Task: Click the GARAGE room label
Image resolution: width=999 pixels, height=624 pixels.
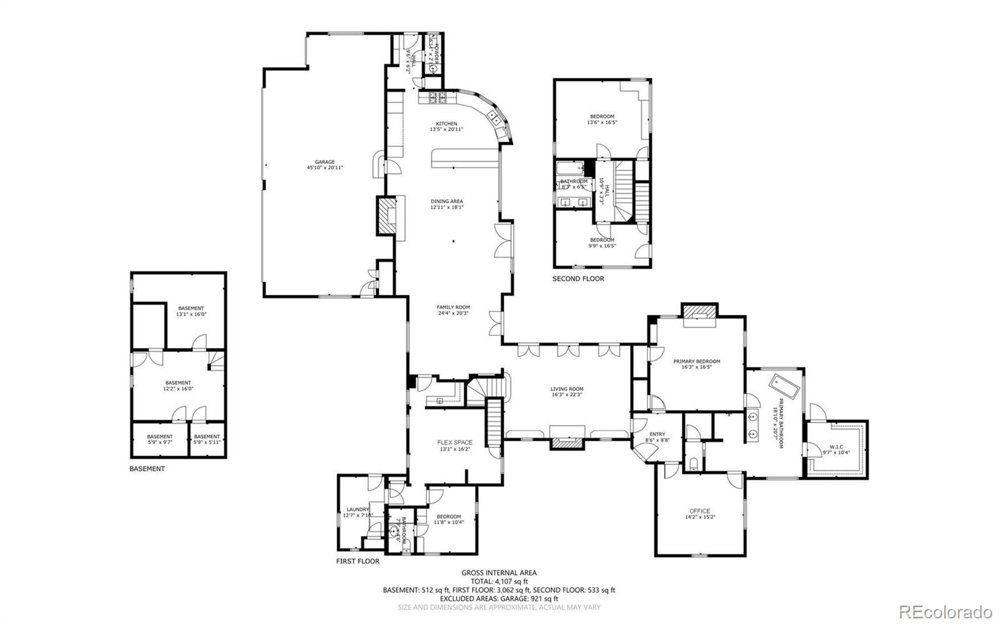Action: tap(325, 162)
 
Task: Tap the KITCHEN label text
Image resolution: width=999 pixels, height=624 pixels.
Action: tap(446, 124)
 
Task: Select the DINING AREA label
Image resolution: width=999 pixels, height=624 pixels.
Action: tap(446, 202)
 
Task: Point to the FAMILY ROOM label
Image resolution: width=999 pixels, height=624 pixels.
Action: tap(453, 308)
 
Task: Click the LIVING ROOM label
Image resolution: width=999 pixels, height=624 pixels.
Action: tap(567, 389)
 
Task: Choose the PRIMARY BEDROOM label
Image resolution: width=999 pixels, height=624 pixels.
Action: tap(697, 361)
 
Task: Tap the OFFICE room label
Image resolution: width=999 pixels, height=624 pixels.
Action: tap(700, 511)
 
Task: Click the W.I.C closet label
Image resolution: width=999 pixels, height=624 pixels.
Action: tap(837, 447)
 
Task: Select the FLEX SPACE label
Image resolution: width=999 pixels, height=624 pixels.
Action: tap(455, 443)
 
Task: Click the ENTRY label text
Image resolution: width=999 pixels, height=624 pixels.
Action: tap(657, 434)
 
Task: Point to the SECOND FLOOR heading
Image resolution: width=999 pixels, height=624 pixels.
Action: tap(578, 279)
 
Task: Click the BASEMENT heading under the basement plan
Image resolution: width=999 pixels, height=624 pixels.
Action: tap(147, 469)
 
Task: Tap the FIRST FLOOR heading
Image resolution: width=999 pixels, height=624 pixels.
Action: tap(358, 561)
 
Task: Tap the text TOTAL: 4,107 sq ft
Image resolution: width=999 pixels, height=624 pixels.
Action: tap(499, 581)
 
